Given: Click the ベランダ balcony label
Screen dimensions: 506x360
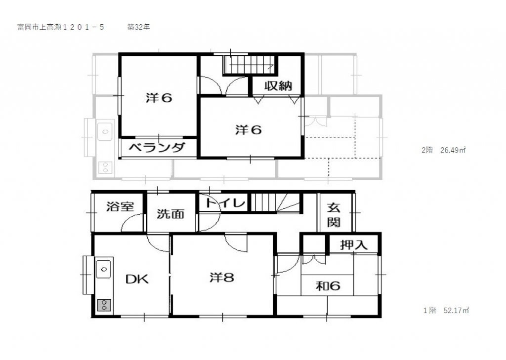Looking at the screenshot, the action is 157,148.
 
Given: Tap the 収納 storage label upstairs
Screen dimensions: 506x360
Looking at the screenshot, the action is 278,86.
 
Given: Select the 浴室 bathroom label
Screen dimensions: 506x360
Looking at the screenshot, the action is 120,206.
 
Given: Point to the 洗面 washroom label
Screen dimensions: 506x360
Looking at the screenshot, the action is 170,213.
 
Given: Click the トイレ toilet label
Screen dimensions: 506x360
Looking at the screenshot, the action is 225,203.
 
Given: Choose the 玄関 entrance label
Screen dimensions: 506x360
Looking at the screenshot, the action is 334,215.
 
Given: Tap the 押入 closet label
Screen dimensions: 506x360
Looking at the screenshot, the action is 354,245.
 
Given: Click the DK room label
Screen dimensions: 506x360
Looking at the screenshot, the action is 137,279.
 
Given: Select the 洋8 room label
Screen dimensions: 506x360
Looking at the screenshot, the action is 222,278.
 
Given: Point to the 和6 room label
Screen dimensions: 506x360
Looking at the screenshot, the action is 328,286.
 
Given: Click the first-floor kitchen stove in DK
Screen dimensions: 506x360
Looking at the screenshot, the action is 104,305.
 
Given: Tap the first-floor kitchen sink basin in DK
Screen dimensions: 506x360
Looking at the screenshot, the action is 104,269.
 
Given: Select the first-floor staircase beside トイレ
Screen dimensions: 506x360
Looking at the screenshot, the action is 276,202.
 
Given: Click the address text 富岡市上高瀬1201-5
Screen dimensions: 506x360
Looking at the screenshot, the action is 61,27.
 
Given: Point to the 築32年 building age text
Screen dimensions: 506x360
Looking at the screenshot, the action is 139,27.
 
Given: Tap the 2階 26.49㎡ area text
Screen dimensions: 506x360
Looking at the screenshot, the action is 444,150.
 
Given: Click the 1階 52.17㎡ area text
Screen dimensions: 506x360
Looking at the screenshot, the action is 446,310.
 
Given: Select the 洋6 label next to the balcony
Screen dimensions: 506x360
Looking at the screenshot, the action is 159,98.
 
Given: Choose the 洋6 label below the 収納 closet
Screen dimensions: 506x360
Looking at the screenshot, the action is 248,130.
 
